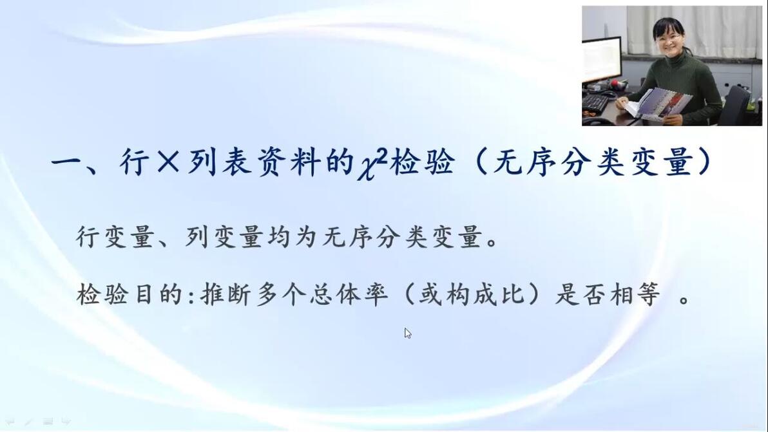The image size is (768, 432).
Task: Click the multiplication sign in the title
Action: (x=169, y=162)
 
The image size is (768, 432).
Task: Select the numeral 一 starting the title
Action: (x=68, y=162)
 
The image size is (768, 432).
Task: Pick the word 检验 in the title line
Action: (x=421, y=162)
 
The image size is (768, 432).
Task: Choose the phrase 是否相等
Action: (x=608, y=294)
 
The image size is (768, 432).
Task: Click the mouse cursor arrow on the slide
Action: (x=407, y=333)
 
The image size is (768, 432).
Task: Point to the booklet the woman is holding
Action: (x=659, y=104)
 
